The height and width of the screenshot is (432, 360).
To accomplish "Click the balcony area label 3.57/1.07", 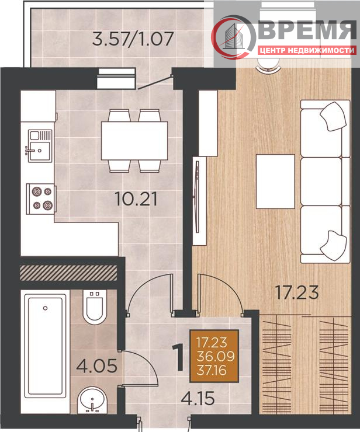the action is [133, 39].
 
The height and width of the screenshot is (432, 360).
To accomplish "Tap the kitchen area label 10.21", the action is [136, 199].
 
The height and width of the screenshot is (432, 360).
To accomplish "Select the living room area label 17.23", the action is [297, 292].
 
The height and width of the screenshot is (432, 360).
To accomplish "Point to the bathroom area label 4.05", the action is [96, 366].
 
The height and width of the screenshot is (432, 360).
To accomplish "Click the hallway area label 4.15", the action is [198, 398].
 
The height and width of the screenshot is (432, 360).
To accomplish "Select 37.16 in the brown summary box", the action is [212, 370].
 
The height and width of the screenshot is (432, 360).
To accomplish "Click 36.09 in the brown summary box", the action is [216, 356].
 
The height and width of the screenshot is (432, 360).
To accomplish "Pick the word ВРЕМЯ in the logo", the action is [307, 30].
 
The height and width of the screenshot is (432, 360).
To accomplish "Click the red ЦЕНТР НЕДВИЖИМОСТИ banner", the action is [307, 50].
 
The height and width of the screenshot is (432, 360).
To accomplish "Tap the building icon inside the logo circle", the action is [235, 36].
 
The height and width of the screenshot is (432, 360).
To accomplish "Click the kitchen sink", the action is [40, 146].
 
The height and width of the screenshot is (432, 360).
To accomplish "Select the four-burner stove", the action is [41, 198].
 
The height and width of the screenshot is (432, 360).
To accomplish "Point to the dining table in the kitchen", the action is [134, 141].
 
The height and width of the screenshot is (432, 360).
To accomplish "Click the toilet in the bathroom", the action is [95, 307].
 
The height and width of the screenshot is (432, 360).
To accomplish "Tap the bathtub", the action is [46, 346].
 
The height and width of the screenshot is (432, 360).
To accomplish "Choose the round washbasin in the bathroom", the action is [92, 400].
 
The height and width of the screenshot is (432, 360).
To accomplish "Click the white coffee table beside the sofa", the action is [275, 182].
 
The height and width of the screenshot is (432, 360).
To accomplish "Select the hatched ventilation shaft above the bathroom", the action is [69, 273].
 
